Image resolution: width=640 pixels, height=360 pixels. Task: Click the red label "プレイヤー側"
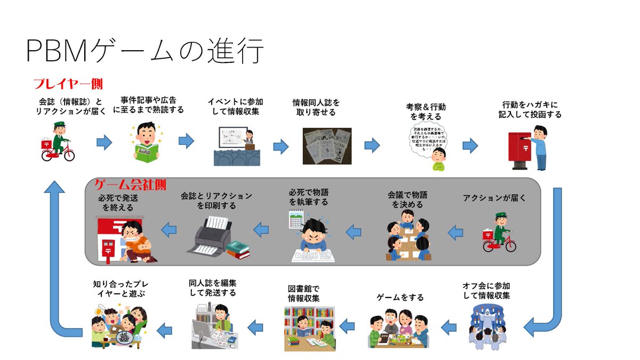pos(68,84)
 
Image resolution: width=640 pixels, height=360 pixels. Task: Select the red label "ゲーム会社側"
pos(130,185)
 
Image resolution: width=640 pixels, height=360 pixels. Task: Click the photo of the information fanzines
pos(327,146)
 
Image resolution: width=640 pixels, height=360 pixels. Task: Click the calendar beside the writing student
pos(295,219)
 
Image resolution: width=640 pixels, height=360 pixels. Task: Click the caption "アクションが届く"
pos(494,198)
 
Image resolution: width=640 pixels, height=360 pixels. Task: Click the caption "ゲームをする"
pos(400,297)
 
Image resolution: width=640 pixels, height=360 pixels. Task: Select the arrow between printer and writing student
pos(261,230)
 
